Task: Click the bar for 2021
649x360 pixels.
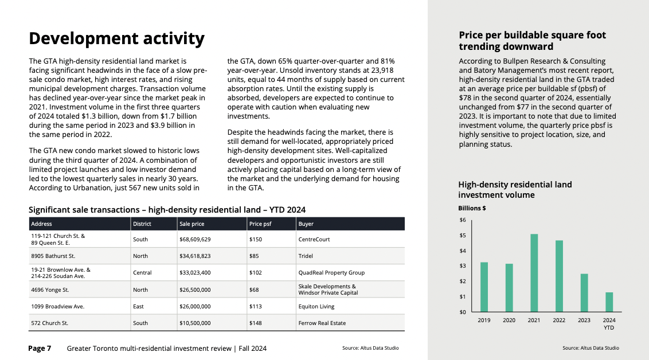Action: (534, 273)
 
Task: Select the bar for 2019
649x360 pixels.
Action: (484, 287)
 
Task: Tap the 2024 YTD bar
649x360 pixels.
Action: (609, 302)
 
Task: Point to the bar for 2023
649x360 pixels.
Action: (584, 292)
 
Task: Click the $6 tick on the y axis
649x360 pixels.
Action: (463, 220)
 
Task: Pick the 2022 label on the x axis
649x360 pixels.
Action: (559, 320)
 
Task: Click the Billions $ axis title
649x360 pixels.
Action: (472, 208)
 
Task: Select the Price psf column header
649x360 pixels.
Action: (260, 224)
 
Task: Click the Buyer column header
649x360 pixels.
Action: (306, 224)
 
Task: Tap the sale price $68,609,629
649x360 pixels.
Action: (195, 239)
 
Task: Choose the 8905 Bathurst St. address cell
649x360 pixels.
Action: (53, 256)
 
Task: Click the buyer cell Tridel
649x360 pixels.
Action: (306, 256)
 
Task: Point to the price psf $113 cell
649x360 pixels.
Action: (255, 307)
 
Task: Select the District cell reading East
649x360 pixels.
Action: (138, 307)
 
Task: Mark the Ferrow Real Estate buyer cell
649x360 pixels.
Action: (322, 323)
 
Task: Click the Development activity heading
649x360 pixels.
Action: (117, 38)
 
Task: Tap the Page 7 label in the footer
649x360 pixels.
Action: (40, 349)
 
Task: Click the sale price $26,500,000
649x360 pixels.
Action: (195, 290)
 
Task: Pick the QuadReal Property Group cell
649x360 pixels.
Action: (331, 273)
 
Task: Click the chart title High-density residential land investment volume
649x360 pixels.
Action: (515, 190)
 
